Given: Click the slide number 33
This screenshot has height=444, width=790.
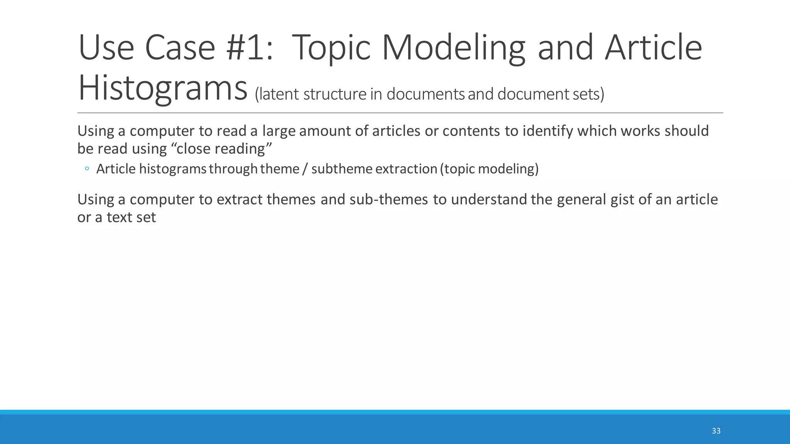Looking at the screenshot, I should pyautogui.click(x=716, y=431).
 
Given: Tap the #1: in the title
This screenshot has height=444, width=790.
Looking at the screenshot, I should pyautogui.click(x=250, y=48).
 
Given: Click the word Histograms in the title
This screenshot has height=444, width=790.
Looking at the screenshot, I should pyautogui.click(x=162, y=89).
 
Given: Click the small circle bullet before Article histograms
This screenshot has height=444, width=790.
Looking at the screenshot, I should pyautogui.click(x=87, y=169).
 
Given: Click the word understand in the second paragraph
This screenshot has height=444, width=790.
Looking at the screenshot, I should pyautogui.click(x=489, y=200).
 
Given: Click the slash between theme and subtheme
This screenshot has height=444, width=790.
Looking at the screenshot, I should pyautogui.click(x=305, y=169).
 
